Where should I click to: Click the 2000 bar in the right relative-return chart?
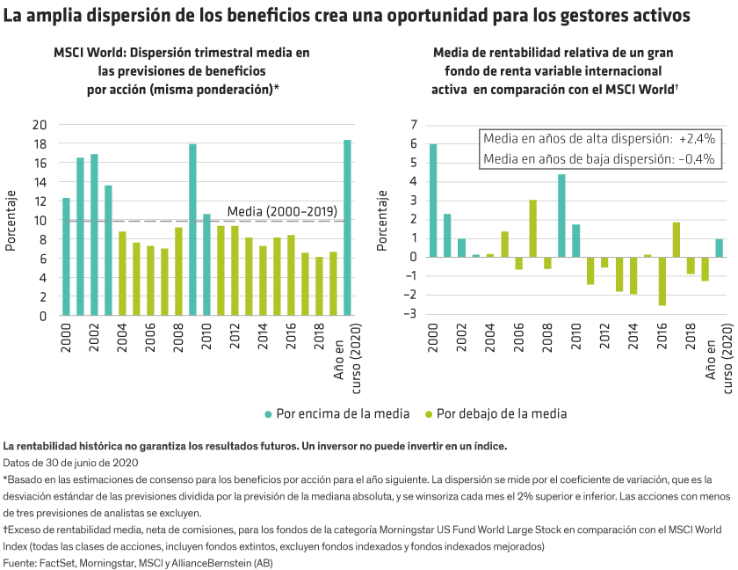[433, 201]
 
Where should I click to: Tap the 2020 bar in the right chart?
[719, 248]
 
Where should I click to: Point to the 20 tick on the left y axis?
[40, 124]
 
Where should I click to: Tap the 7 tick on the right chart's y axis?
[413, 124]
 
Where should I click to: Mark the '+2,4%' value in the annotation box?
[697, 139]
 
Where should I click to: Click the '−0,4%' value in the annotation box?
[697, 159]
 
